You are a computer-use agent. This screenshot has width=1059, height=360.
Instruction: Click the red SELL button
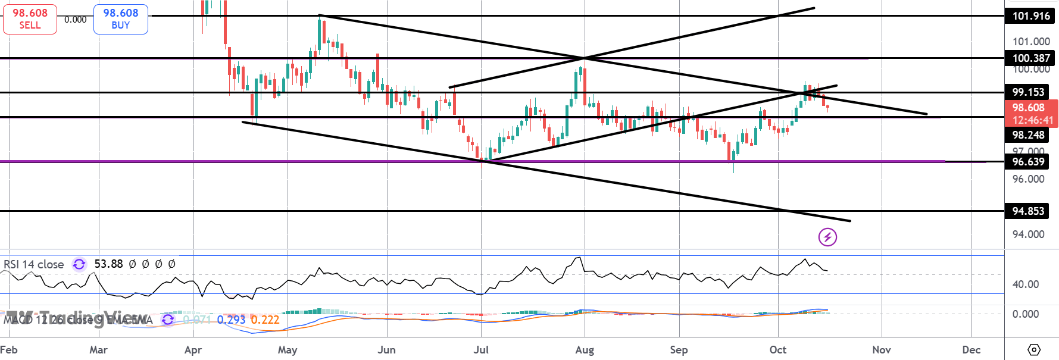[30, 19]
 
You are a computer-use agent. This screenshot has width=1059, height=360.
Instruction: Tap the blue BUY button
[120, 19]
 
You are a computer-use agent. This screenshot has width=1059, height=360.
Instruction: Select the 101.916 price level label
[1031, 16]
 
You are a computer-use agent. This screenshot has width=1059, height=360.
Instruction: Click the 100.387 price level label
[1031, 58]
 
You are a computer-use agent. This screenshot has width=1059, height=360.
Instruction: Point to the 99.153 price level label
[1028, 92]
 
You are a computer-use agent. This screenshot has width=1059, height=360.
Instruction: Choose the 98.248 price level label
[1028, 135]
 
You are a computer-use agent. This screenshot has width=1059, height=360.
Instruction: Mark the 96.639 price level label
[1028, 162]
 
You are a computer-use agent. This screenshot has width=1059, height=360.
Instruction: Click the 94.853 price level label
[1028, 211]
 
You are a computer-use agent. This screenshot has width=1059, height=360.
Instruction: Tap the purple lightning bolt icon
[827, 237]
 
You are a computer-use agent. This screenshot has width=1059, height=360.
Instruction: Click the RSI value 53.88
[108, 264]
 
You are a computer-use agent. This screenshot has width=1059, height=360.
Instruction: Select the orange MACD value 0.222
[265, 320]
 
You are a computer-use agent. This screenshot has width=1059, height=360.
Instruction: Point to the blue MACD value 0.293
[231, 320]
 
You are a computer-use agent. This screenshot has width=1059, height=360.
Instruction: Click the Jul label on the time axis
[481, 350]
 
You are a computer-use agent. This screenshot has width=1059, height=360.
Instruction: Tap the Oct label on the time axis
[778, 350]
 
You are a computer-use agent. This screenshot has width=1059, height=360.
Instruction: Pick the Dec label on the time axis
[971, 350]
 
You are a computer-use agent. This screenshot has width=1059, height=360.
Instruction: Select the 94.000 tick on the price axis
[1028, 234]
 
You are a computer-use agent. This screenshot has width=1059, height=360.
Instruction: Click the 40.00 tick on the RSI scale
[1026, 284]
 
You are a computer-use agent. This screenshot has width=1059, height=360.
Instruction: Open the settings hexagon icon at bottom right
[1034, 349]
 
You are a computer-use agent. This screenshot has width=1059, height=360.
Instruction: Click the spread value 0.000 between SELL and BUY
[76, 20]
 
